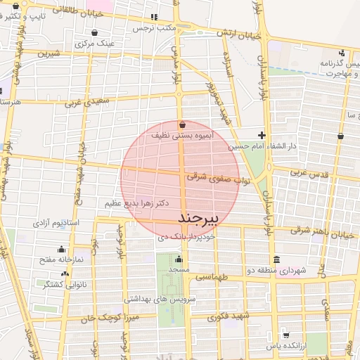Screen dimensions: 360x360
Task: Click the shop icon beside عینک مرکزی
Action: pos(94,32)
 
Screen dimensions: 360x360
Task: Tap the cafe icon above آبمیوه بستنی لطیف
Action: pos(183,124)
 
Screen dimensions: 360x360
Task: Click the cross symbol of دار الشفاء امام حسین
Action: pos(262,135)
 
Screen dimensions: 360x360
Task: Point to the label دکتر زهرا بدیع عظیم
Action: pos(138,203)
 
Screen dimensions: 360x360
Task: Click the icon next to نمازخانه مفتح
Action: pos(63,248)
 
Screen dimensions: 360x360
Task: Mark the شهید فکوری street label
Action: pos(229,316)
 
